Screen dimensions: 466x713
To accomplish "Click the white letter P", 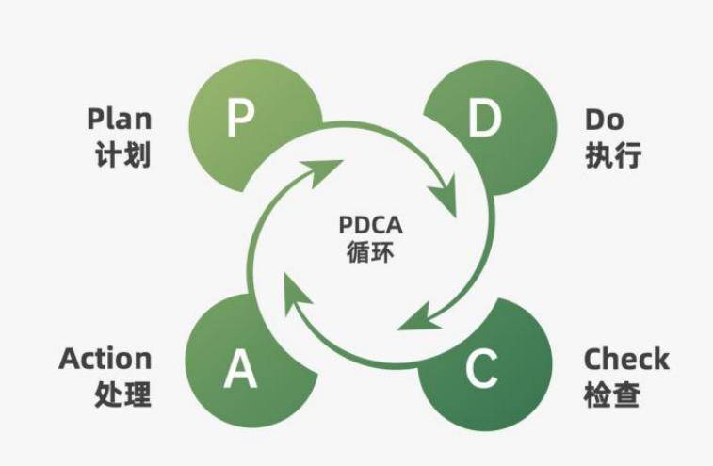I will click(241, 121).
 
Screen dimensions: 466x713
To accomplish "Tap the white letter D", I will click(483, 121).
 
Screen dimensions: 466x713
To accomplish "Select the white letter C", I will click(480, 370).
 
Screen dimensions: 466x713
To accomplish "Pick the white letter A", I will click(240, 370).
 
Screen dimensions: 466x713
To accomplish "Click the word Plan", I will click(119, 120).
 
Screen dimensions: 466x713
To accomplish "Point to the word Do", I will click(604, 120).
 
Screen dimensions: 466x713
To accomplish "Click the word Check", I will click(626, 359).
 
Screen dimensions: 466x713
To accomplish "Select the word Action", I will click(105, 359).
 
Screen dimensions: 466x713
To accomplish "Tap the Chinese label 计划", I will click(122, 154).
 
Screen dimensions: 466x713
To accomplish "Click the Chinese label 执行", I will click(613, 154).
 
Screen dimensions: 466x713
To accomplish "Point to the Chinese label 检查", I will click(612, 394).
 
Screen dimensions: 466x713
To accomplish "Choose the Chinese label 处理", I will click(122, 394).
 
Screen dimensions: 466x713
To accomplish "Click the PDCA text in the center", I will click(370, 227).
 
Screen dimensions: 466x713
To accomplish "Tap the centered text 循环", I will click(370, 252).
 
